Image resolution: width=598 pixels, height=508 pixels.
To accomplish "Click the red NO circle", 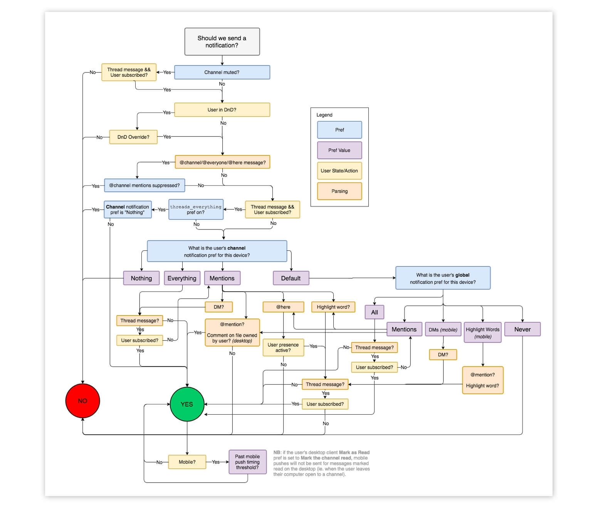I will [x=82, y=401].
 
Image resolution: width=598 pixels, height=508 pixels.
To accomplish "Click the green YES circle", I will [x=187, y=404].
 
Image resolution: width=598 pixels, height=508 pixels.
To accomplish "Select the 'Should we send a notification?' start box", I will [x=222, y=42].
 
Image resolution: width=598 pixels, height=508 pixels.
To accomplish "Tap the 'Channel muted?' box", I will [x=222, y=72].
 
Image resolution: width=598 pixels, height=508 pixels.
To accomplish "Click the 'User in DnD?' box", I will [x=222, y=110].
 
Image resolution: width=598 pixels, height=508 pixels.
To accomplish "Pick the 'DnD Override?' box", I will [x=133, y=137].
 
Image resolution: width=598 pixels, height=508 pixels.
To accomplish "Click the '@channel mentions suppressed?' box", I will [x=144, y=185].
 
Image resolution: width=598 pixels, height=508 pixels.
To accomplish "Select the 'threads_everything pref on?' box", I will [x=196, y=209].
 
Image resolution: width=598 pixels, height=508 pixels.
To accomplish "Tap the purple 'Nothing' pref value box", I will [x=141, y=278].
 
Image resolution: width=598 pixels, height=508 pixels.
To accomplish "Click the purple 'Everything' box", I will [x=182, y=278].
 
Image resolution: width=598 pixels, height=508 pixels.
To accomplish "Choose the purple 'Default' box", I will [x=291, y=278].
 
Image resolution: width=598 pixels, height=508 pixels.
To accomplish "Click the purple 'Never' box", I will [x=522, y=329].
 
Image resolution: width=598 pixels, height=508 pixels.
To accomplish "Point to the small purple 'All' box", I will [x=375, y=312].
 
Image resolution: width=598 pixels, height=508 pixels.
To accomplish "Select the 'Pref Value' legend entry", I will [x=339, y=150].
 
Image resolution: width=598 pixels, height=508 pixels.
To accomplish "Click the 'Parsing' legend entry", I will [x=339, y=191].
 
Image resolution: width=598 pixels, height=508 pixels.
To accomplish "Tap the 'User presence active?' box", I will [x=283, y=348].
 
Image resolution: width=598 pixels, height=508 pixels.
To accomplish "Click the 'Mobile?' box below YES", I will [x=187, y=462].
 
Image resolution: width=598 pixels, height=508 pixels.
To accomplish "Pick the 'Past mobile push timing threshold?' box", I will [x=247, y=462].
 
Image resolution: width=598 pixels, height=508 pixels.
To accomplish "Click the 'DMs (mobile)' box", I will [x=443, y=329].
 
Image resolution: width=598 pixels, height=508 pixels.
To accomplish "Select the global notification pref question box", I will [x=443, y=278].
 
